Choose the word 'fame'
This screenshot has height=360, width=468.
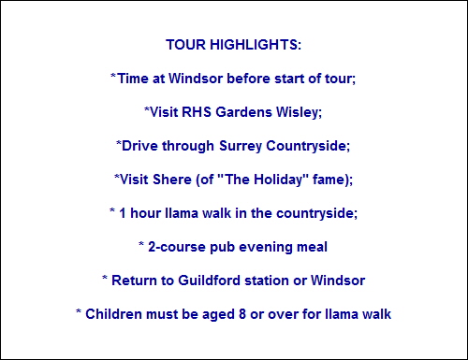coord(332,180)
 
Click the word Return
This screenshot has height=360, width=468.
coord(134,281)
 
